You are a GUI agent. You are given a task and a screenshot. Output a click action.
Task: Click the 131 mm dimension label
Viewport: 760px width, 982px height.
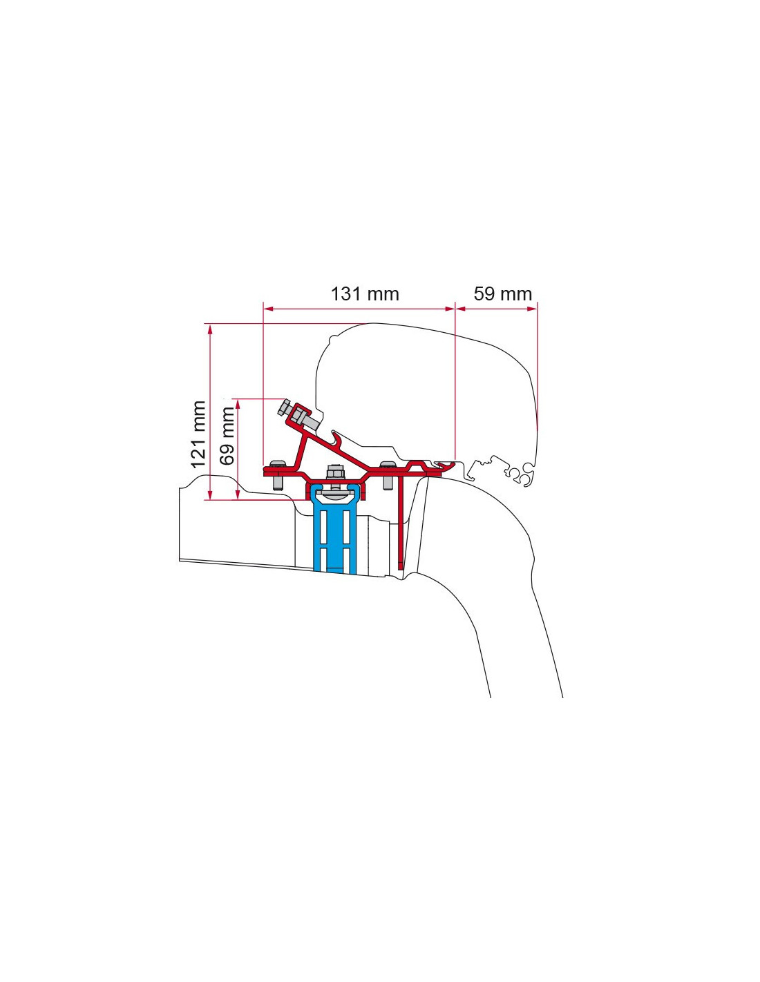[365, 294]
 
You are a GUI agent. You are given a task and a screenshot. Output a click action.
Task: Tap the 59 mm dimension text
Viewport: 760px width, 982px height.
[503, 294]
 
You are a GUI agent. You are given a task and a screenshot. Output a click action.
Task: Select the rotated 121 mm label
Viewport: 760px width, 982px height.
[199, 434]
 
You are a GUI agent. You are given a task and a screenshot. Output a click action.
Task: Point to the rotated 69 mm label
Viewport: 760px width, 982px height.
[227, 436]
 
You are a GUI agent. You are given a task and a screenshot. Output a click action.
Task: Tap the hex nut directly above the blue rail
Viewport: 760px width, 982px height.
[335, 472]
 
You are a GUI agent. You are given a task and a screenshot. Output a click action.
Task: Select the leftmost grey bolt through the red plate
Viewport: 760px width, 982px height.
[276, 475]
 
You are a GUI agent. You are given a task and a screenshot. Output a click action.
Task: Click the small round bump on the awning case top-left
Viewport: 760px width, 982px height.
[332, 338]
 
